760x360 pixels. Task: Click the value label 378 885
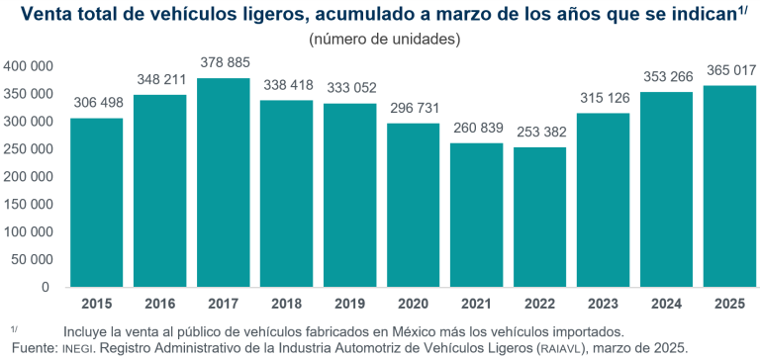(x=224, y=62)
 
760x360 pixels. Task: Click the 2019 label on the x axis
(x=350, y=304)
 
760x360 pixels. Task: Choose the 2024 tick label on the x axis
(x=667, y=304)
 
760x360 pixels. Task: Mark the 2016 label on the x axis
(x=160, y=304)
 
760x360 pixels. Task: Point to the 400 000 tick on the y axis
(x=28, y=66)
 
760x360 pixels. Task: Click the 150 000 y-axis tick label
(x=28, y=205)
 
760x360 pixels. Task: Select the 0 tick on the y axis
(x=46, y=288)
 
